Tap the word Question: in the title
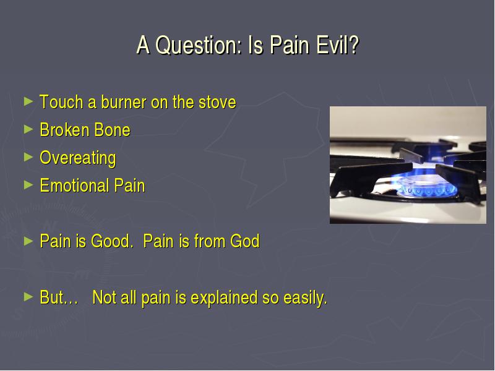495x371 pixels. (x=199, y=46)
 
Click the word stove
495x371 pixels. (x=217, y=103)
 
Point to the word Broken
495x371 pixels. (x=64, y=130)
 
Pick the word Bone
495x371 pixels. (x=113, y=130)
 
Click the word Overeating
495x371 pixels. (x=78, y=158)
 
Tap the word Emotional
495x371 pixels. (x=74, y=185)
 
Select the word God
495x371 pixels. (x=244, y=241)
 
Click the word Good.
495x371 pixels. (x=110, y=241)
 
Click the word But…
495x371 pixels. (x=59, y=297)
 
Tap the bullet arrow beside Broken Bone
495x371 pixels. (x=28, y=129)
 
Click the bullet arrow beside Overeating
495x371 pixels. (x=28, y=157)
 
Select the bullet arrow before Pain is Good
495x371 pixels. (x=28, y=241)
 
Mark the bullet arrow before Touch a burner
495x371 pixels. (x=28, y=101)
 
